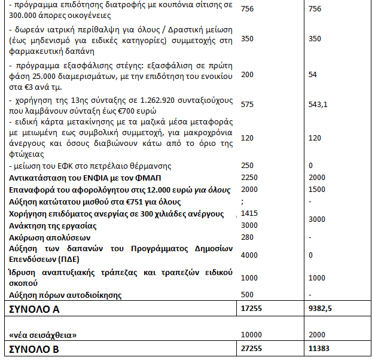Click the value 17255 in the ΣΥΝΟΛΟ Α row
tap(251, 309)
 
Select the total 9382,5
tap(321, 309)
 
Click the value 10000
tap(251, 334)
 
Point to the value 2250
tap(249, 178)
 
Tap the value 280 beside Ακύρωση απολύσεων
tap(246, 237)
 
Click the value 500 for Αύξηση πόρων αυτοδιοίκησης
tap(246, 295)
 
